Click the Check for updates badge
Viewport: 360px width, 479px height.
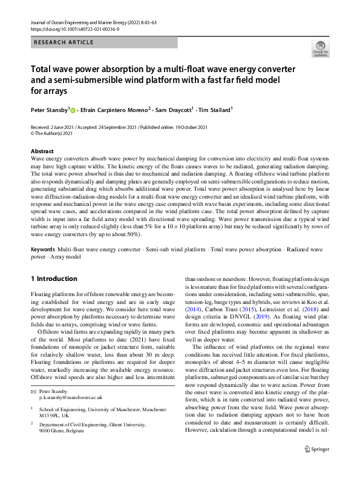click(321, 48)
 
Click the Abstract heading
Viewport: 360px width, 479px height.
click(42, 151)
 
